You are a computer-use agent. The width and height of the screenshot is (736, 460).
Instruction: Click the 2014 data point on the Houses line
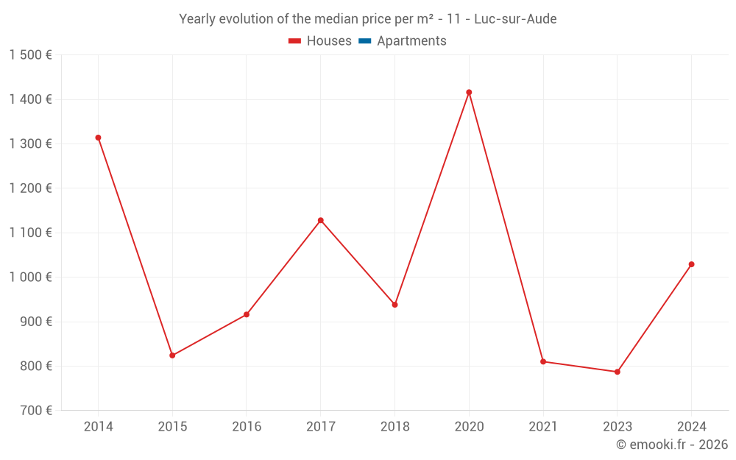98,138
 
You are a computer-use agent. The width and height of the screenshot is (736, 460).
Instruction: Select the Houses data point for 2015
172,355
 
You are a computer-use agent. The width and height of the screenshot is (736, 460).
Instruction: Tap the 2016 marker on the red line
247,314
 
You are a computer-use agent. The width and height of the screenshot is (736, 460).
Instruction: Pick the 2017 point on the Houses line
321,220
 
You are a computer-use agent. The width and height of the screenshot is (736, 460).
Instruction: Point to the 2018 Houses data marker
394,305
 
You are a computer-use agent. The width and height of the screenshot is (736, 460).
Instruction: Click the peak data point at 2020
469,92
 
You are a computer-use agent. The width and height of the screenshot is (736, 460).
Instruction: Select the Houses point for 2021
543,361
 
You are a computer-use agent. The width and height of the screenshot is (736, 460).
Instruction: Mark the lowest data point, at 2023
618,372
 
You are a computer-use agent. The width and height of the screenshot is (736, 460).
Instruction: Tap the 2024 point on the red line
691,264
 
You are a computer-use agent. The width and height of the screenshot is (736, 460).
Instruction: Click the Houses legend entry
320,41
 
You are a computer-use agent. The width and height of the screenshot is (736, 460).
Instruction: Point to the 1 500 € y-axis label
30,55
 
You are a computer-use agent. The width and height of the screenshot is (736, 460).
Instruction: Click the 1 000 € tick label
30,277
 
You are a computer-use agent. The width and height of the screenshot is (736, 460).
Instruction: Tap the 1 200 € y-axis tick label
30,188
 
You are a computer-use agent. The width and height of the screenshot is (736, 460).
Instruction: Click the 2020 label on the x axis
469,427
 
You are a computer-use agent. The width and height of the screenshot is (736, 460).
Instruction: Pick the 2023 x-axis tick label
618,427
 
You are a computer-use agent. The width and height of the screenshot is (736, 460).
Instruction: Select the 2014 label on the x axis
98,427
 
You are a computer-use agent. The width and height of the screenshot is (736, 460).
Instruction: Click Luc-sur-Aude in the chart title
515,19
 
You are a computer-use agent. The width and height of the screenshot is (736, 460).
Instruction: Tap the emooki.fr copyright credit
672,445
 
